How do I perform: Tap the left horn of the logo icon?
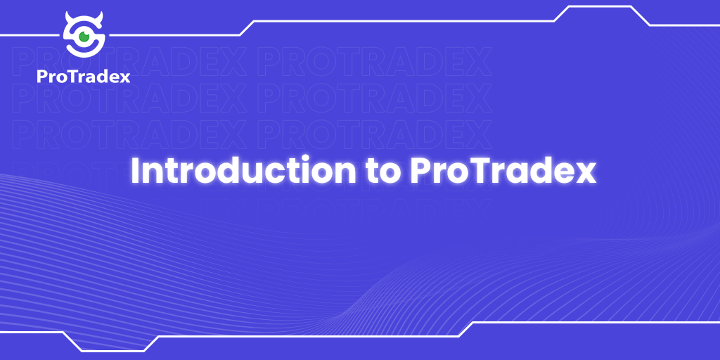pos(67,17)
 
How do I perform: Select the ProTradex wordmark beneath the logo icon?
pos(84,76)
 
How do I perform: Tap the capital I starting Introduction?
pos(136,171)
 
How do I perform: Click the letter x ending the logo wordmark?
pos(124,77)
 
